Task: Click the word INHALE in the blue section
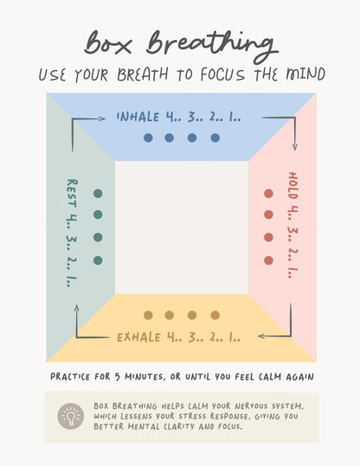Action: (x=138, y=117)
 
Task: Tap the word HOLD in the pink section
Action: (x=292, y=185)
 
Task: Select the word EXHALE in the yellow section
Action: (x=139, y=337)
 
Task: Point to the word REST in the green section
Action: (x=72, y=193)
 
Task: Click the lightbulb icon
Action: (x=70, y=416)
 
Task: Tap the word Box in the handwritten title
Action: (x=107, y=43)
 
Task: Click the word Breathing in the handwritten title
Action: (x=212, y=46)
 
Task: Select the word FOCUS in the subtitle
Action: (x=222, y=74)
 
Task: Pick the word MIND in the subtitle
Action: (x=305, y=74)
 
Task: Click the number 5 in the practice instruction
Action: (x=118, y=377)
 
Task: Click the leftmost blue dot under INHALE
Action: (x=148, y=138)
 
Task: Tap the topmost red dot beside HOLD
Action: (x=268, y=194)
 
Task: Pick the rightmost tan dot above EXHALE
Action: (x=215, y=315)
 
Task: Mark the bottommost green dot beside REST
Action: (x=98, y=260)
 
